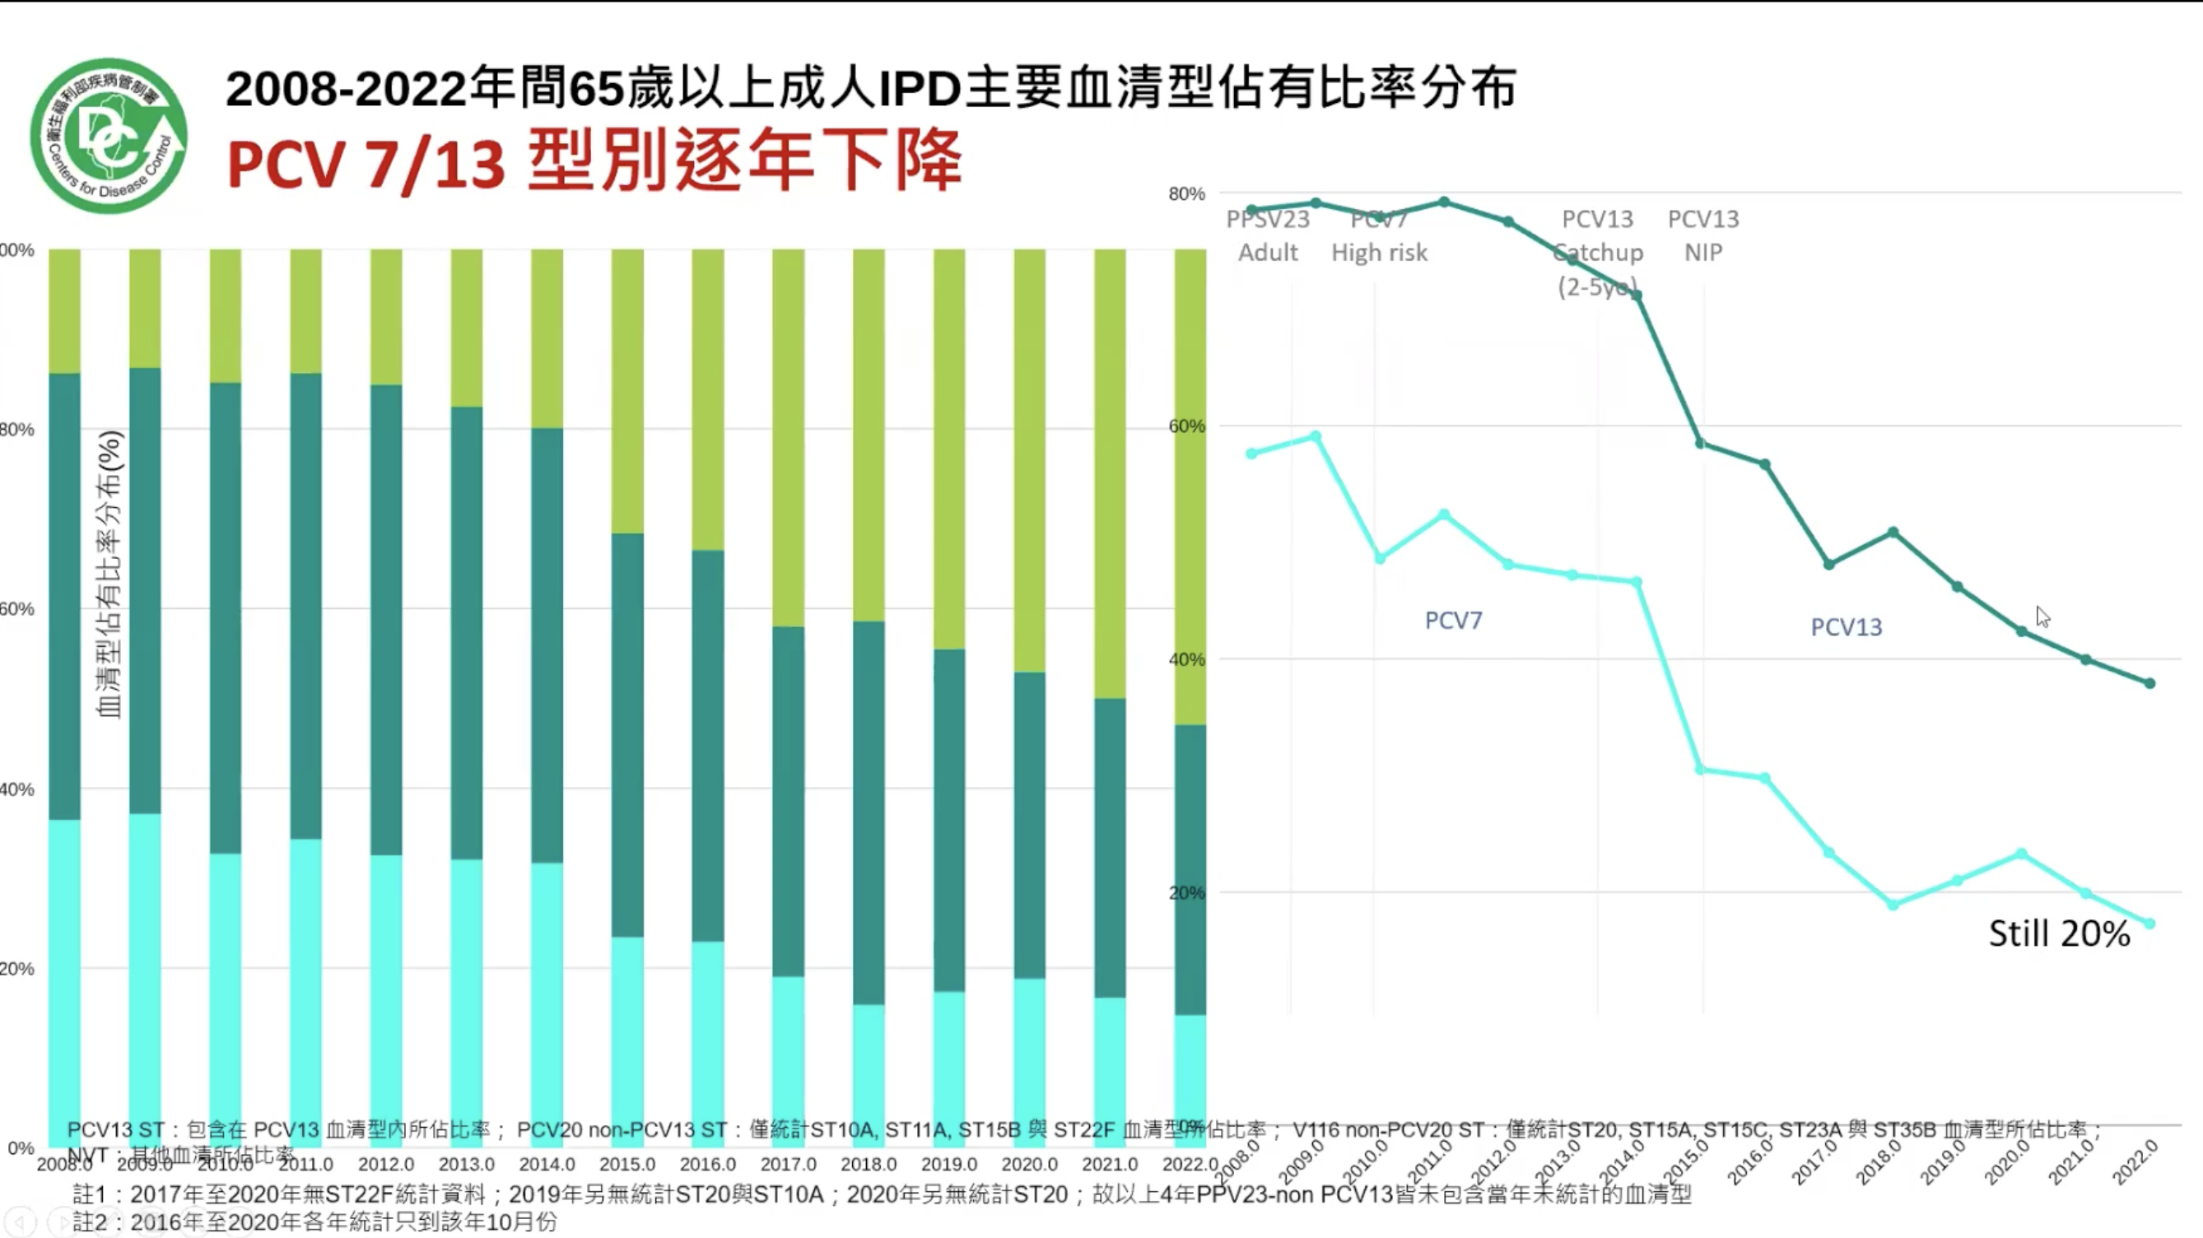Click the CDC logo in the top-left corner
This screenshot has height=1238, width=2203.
pyautogui.click(x=109, y=135)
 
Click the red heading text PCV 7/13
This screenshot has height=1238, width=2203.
pyautogui.click(x=366, y=163)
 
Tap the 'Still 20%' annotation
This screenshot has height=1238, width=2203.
pyautogui.click(x=2058, y=933)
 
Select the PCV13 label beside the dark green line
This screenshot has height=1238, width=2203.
pyautogui.click(x=1847, y=627)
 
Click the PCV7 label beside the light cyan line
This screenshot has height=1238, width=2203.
pyautogui.click(x=1453, y=621)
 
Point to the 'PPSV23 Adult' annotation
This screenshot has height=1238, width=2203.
pyautogui.click(x=1268, y=236)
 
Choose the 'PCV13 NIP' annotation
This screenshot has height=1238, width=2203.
pyautogui.click(x=1702, y=236)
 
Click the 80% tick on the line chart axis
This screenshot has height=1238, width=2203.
pyautogui.click(x=1186, y=194)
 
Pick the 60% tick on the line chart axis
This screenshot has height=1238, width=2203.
pyautogui.click(x=1186, y=426)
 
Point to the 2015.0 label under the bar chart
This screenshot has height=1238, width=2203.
pyautogui.click(x=626, y=1165)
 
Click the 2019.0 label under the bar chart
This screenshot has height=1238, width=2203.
pyautogui.click(x=948, y=1165)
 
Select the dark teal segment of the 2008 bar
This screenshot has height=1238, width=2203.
pyautogui.click(x=64, y=596)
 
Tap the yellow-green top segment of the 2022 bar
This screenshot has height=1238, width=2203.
pyautogui.click(x=1190, y=487)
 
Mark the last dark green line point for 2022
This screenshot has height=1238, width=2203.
pyautogui.click(x=2150, y=683)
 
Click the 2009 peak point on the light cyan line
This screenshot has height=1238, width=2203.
pyautogui.click(x=1316, y=437)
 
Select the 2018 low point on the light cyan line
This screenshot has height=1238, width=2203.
pyautogui.click(x=1893, y=905)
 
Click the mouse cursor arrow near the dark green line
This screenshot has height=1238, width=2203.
pyautogui.click(x=2042, y=617)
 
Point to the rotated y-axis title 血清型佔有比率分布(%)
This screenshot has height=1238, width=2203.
pyautogui.click(x=110, y=574)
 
